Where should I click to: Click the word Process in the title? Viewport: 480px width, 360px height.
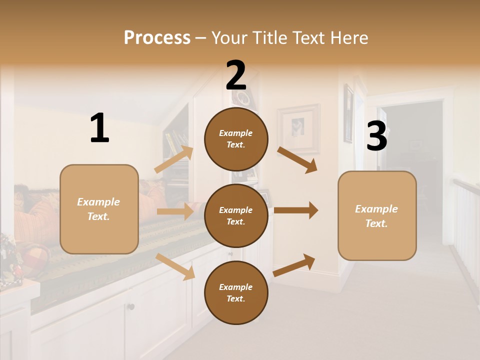pos(157,38)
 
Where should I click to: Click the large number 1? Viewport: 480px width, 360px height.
pos(99,128)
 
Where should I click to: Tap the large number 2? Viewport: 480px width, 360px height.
pos(236,75)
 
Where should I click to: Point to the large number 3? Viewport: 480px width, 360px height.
pos(376,136)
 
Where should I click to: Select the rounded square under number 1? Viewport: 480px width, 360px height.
pos(99,209)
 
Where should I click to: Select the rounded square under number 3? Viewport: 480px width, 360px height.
pos(377,215)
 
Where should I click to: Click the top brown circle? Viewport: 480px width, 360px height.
pos(236,139)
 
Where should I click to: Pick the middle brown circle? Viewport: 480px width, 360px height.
pos(236,215)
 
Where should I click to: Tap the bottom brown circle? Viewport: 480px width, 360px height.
pos(236,292)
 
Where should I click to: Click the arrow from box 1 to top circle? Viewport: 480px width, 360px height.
pos(174,159)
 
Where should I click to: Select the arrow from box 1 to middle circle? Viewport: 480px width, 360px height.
pos(175,211)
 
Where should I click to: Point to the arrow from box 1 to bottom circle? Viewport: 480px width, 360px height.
pos(175,266)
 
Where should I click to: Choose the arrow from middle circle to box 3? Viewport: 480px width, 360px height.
pos(296,210)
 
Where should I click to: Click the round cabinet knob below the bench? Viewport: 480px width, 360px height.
pos(131,306)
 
